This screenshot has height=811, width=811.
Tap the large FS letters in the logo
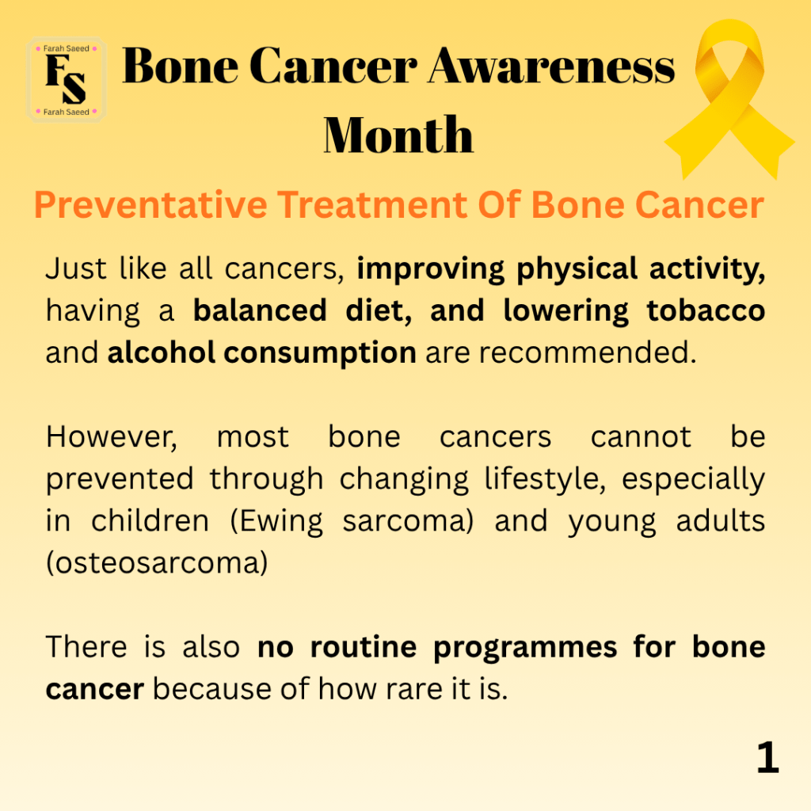(x=66, y=78)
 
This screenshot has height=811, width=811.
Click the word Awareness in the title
(x=552, y=67)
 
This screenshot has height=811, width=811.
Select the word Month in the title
(x=398, y=135)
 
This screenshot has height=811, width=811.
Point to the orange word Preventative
(x=150, y=205)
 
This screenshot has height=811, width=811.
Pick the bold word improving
(x=430, y=269)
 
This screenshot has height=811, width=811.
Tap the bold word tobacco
(x=706, y=310)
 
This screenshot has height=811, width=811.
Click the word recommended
(x=588, y=352)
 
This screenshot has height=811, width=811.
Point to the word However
(x=111, y=437)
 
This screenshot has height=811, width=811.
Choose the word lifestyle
(x=545, y=479)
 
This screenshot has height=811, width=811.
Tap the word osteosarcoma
(x=158, y=563)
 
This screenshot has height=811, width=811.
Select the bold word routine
(x=363, y=647)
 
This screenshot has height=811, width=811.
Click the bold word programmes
(x=525, y=649)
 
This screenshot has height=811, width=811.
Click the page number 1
(x=767, y=757)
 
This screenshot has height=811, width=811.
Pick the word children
(x=150, y=521)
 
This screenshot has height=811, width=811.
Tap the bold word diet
(x=378, y=310)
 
